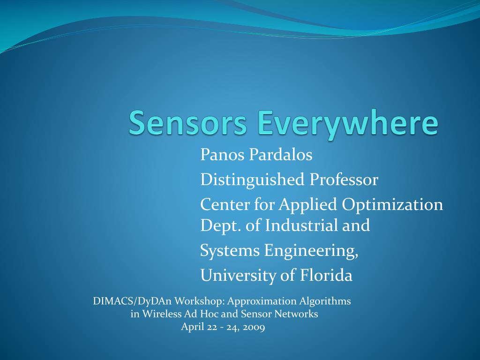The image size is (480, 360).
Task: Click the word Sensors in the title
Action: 187,122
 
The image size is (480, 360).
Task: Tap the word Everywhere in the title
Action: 348,125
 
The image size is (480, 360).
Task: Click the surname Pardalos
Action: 281,154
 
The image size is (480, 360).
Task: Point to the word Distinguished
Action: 252,180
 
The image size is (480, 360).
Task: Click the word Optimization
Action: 392,205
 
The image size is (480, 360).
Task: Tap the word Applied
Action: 307,205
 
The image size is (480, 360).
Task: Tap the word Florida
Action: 326,275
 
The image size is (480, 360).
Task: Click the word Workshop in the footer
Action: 200,301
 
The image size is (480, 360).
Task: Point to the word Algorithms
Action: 325,301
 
